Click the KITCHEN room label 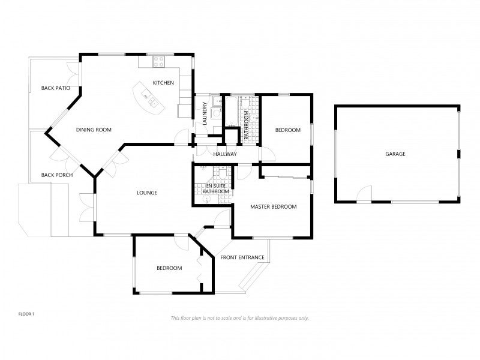(163, 83)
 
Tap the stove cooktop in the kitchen (159, 62)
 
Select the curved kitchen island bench (149, 98)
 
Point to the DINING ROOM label (94, 130)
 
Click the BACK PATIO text (56, 88)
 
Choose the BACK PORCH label (57, 175)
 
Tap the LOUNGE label (147, 193)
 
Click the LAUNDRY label (205, 113)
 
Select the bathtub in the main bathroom (232, 112)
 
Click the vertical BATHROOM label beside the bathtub (246, 125)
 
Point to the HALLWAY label (225, 154)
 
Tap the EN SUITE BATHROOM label (216, 188)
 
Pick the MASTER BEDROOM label (274, 206)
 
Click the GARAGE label (395, 154)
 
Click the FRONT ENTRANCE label (242, 257)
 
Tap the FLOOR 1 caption (26, 314)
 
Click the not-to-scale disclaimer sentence (239, 318)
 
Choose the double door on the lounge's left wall (87, 208)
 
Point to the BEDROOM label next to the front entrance (169, 268)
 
